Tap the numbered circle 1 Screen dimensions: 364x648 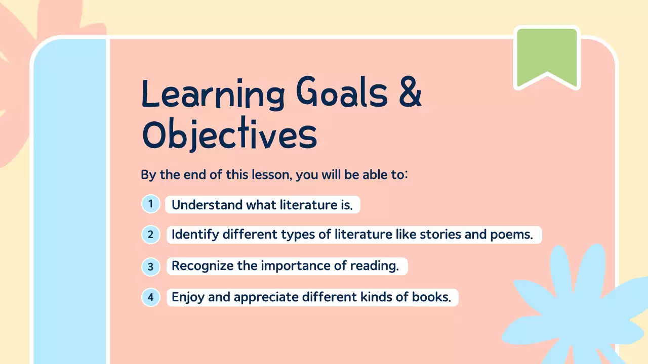coord(150,204)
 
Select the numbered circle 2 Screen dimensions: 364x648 coord(150,235)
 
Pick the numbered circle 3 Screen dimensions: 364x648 coord(150,266)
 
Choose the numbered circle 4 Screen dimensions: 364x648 coord(150,297)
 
